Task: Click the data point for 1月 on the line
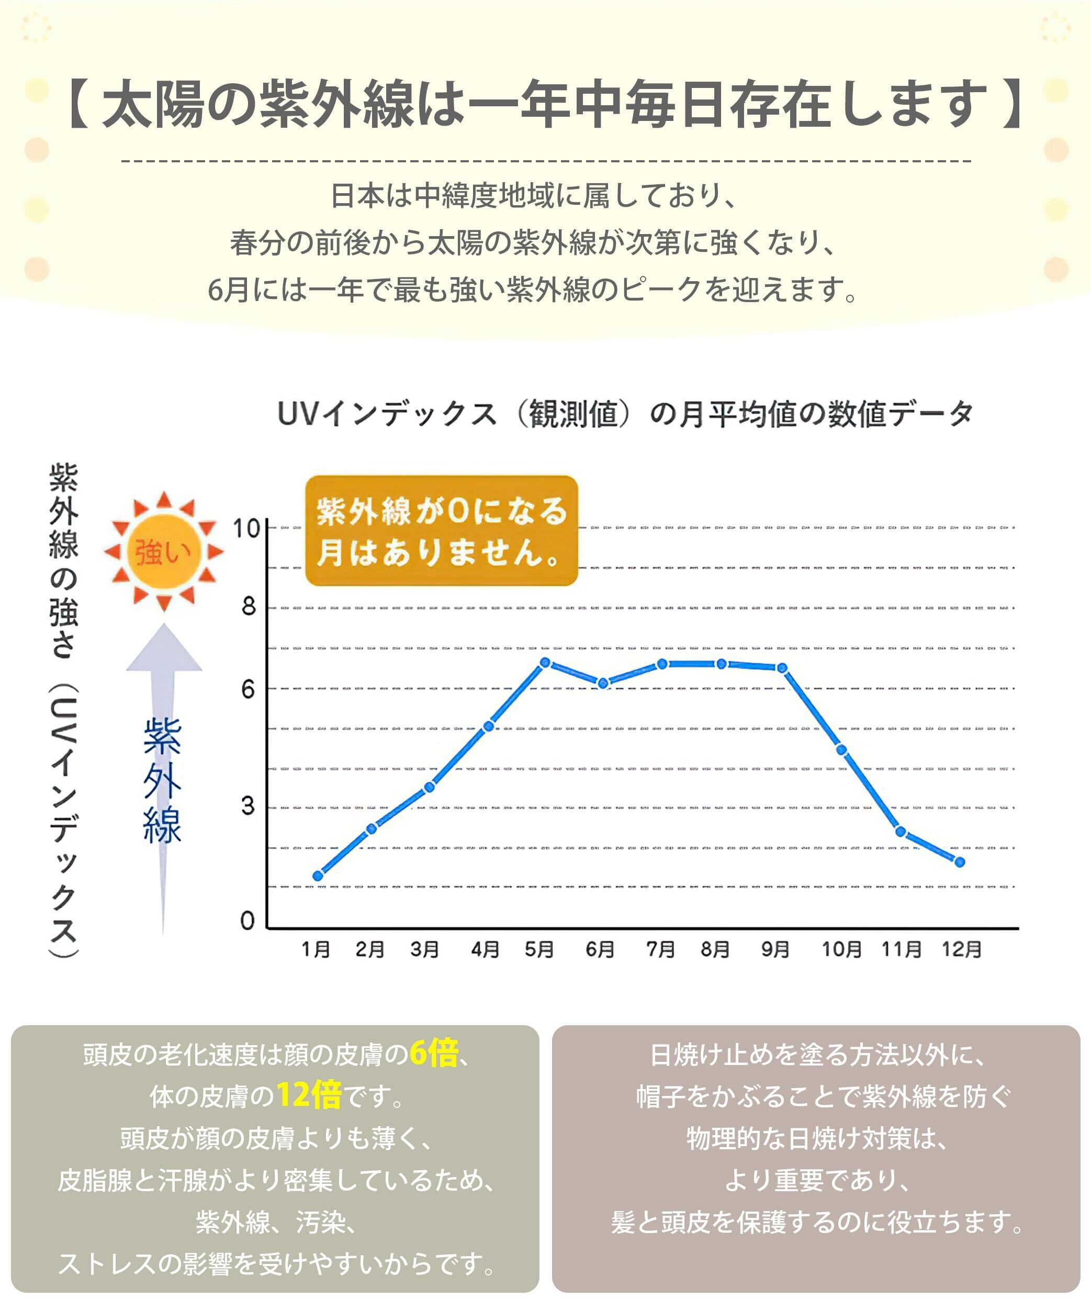(x=318, y=876)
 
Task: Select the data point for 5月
(x=545, y=662)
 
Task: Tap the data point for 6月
(x=602, y=683)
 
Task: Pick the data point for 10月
(x=841, y=750)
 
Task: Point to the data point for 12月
(x=960, y=862)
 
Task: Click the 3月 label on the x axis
(x=424, y=949)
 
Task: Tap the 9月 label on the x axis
(x=775, y=949)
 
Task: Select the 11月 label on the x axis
(x=901, y=949)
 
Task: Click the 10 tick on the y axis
(x=246, y=529)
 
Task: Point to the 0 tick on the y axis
(x=248, y=920)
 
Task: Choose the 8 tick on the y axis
(x=249, y=606)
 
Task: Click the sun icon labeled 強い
(x=163, y=551)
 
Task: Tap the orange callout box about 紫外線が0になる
(x=441, y=531)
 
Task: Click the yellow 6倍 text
(x=434, y=1053)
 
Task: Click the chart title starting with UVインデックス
(x=625, y=414)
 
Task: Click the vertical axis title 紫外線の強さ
(x=63, y=561)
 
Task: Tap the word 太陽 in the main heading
(x=153, y=104)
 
